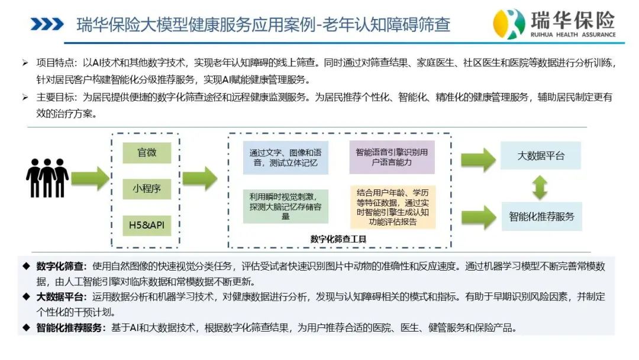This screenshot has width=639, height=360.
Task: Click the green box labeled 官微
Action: tap(147, 153)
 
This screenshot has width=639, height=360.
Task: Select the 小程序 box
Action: tap(147, 188)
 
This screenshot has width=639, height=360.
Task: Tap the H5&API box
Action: tap(147, 225)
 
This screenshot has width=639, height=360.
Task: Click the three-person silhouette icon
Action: tap(47, 178)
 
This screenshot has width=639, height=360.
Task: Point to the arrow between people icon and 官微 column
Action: tap(91, 178)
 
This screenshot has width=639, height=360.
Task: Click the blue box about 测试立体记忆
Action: tap(285, 157)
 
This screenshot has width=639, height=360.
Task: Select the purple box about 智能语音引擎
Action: tap(392, 157)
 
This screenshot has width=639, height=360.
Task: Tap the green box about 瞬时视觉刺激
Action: tap(285, 206)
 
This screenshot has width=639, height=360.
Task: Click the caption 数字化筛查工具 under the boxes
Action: tap(338, 239)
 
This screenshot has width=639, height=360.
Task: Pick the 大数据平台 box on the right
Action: tap(540, 156)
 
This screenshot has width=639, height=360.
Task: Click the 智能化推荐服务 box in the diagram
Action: tap(541, 217)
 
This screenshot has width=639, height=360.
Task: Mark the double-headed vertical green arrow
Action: tap(540, 187)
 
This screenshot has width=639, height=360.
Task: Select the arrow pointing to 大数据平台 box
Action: tap(479, 159)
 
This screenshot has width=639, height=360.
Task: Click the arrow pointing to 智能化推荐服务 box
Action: tap(479, 217)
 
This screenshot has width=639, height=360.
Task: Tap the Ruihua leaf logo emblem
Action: tap(509, 23)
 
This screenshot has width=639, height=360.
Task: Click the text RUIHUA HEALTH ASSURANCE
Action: tap(573, 35)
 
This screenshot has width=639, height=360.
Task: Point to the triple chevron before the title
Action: tap(47, 24)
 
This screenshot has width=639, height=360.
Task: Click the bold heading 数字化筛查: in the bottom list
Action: tap(62, 266)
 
